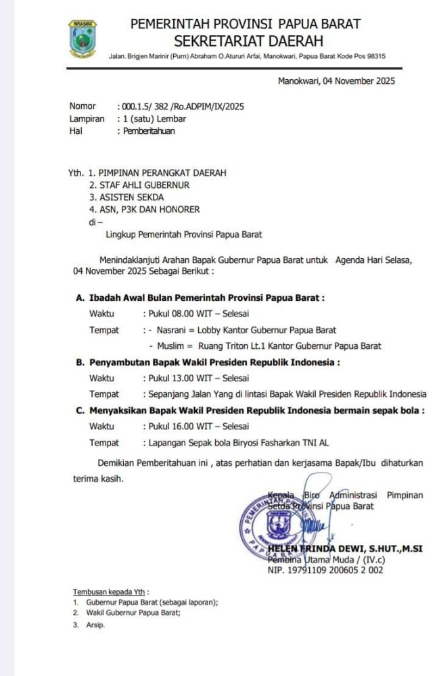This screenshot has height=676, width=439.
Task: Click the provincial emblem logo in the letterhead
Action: coord(83,39)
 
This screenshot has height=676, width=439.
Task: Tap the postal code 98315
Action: coord(373,56)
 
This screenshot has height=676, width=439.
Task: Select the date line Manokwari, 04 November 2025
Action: coord(336,82)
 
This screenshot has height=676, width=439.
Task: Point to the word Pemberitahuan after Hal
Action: coord(147,131)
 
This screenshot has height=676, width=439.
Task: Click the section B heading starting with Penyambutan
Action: coord(214,362)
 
